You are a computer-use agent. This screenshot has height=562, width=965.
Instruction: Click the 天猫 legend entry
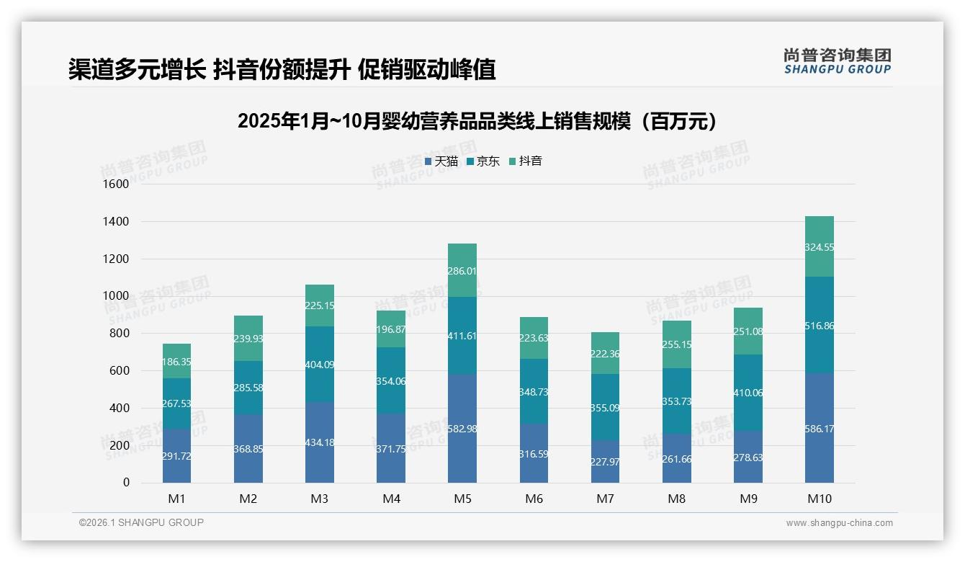441,161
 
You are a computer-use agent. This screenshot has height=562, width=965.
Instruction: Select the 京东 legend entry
483,161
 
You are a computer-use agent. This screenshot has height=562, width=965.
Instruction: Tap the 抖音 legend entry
526,161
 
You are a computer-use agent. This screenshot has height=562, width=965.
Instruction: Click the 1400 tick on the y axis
115,222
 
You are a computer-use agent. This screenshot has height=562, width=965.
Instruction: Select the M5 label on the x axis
462,499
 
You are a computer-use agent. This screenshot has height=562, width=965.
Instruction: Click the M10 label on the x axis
819,499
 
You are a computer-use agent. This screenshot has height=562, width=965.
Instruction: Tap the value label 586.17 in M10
820,429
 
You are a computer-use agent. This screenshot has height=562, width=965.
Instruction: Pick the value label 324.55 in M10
820,247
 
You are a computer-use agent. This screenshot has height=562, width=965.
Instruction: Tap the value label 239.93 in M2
248,339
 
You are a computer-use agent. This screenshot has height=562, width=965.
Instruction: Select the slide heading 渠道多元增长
282,69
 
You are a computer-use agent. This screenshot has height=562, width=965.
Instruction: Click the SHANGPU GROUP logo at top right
837,61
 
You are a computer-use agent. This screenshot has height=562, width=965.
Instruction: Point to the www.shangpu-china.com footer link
839,523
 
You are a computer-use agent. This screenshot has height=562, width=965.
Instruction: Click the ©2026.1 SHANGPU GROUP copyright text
141,522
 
